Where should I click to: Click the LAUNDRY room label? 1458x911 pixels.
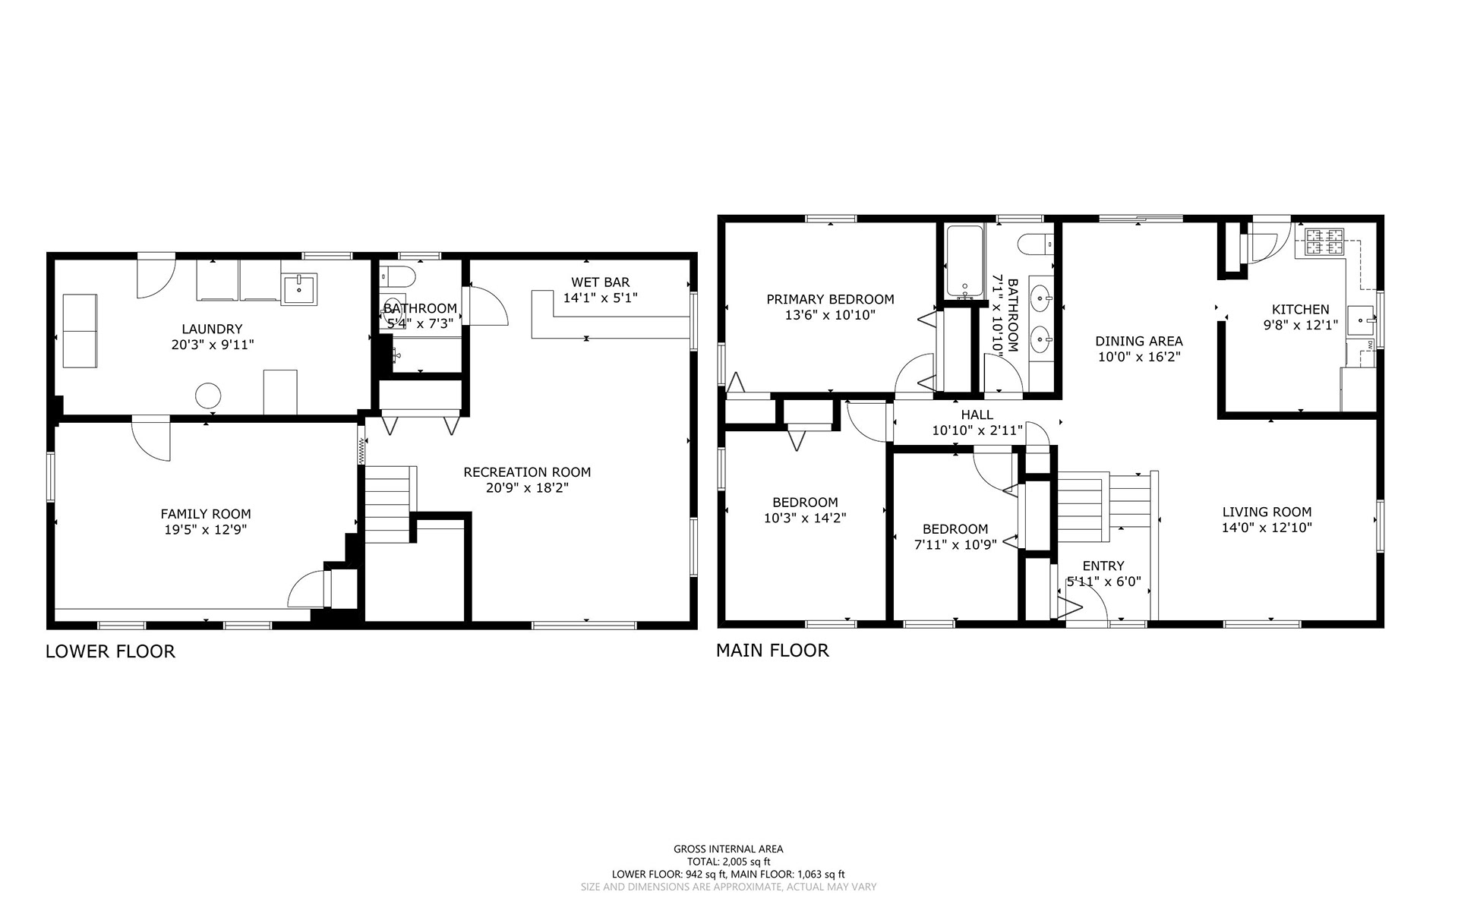point(212,329)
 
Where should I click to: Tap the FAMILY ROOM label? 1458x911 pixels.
point(205,514)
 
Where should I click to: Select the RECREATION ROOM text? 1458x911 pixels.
point(527,472)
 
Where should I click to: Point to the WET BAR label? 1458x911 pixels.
point(600,282)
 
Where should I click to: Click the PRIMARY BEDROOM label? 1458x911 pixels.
point(830,299)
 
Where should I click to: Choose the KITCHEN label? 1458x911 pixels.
point(1301,309)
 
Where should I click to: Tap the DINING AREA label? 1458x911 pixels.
point(1139,341)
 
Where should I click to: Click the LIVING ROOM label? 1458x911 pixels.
point(1267,512)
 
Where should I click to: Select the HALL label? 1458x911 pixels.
point(977,415)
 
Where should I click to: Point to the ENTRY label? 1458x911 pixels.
point(1103,566)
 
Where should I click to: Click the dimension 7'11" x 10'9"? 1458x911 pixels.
point(955,544)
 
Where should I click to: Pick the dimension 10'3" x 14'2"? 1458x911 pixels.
point(805,518)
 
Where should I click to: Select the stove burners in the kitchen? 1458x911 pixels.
point(1324,241)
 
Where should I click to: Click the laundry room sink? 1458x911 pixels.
point(299,288)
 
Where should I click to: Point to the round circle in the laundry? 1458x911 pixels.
point(208,396)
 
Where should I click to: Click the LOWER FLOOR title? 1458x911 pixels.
point(110,651)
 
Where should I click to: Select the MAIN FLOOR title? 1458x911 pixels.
point(772,650)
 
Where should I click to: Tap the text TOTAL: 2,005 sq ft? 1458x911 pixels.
point(728,862)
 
